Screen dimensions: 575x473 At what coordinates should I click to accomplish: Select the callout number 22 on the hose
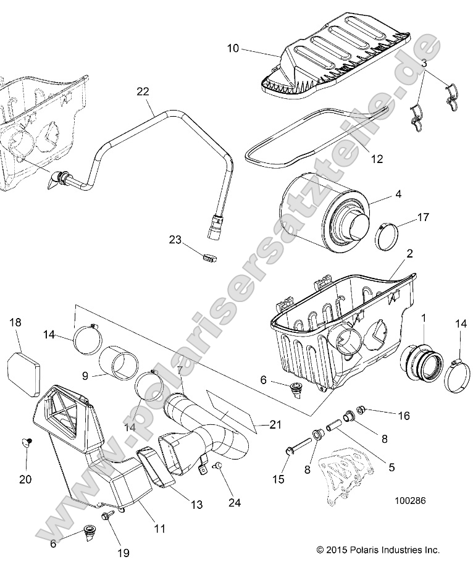[143, 91]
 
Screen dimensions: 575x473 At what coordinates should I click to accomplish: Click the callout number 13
[196, 505]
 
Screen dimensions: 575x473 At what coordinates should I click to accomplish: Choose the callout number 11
[159, 529]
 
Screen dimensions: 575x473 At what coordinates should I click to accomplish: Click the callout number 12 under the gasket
[376, 159]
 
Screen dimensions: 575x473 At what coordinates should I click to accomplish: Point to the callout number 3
[424, 62]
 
